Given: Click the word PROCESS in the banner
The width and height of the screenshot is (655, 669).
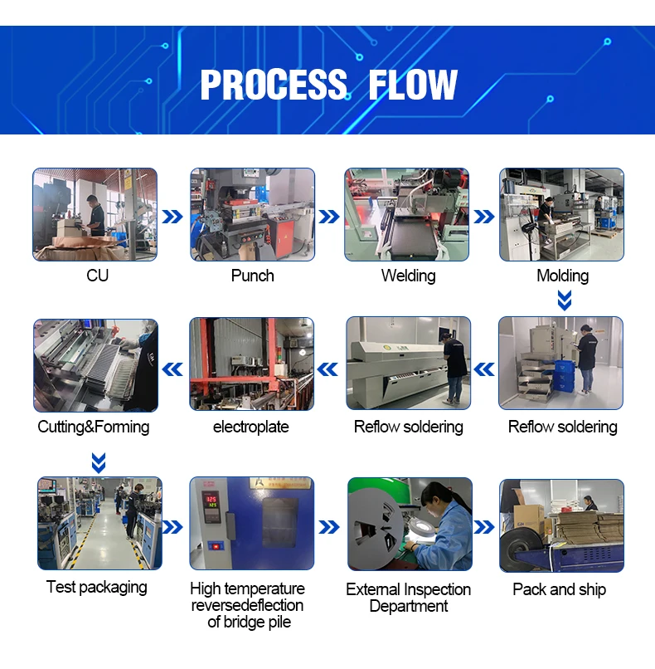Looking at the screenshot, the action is coord(274,85).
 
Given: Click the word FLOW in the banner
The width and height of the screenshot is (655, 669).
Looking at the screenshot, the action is coord(413,85).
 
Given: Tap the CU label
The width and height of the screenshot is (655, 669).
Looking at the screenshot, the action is coord(97,276).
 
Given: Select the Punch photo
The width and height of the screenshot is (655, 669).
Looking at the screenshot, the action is coord(252,214).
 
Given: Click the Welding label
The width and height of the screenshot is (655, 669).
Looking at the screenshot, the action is coord(408,276).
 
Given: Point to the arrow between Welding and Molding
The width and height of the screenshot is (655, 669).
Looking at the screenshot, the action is coord(484,217).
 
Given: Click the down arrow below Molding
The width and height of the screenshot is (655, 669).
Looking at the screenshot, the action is coord(565,300).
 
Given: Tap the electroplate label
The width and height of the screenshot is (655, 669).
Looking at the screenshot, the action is coord(251,427).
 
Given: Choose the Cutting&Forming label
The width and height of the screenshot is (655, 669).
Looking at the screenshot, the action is coord(94,427).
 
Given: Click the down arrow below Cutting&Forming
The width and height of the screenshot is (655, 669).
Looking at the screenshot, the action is coord(99,463).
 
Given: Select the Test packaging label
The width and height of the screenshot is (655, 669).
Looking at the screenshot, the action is coord(97,587).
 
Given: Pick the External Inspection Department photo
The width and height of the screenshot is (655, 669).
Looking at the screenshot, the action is coord(410,524).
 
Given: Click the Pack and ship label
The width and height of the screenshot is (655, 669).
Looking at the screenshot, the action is coord(559,589).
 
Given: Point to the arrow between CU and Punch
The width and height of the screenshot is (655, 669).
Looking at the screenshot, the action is coord(172,217).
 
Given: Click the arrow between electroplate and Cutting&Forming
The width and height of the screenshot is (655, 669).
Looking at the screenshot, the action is coord(172,369).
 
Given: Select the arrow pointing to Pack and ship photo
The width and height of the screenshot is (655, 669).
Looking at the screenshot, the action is coord(484,527).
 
